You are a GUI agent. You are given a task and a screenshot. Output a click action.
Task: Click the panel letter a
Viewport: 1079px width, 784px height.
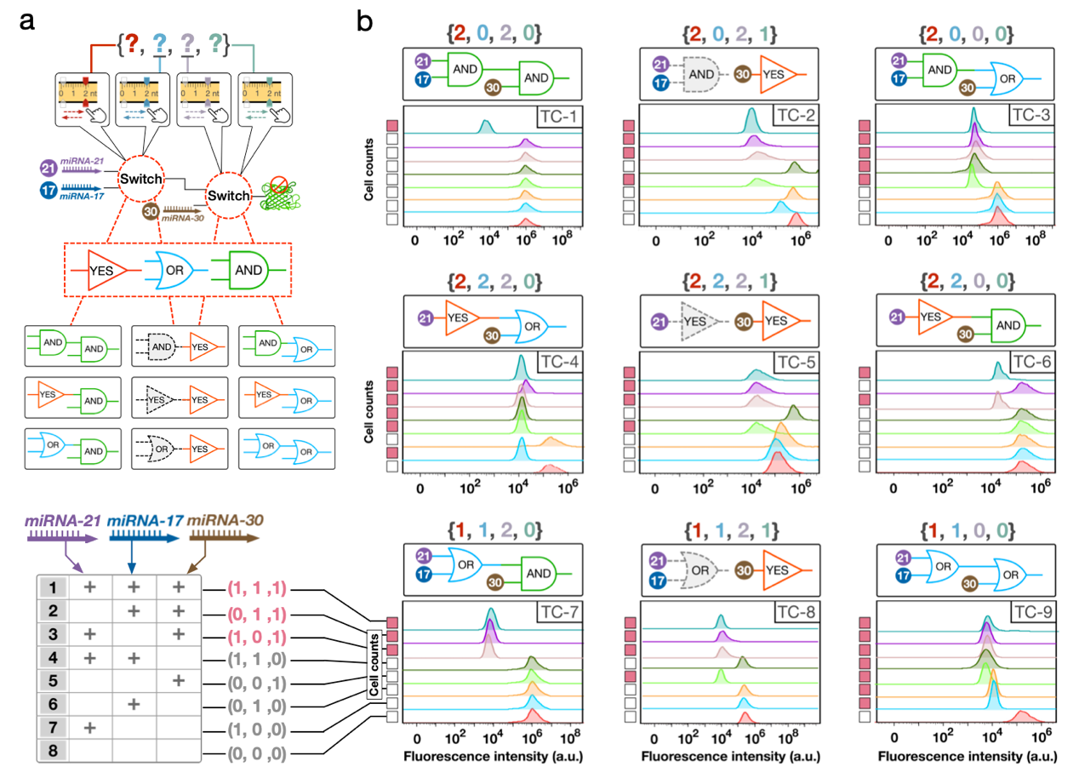pos(27,22)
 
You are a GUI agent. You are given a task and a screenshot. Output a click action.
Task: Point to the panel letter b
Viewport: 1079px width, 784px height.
pos(365,22)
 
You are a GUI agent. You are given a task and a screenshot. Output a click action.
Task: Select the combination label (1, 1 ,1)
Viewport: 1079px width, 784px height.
pos(254,588)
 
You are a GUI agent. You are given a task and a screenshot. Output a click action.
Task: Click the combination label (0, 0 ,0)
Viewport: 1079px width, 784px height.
pos(254,754)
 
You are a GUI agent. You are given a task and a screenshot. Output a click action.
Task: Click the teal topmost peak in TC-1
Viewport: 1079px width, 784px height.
pos(485,127)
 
